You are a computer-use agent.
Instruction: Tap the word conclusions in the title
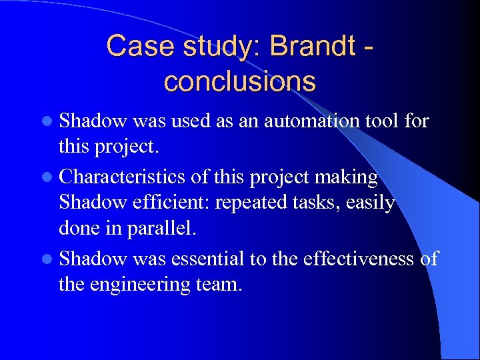point(239,81)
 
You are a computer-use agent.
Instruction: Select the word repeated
point(251,202)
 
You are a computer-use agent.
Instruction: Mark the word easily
point(369,202)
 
